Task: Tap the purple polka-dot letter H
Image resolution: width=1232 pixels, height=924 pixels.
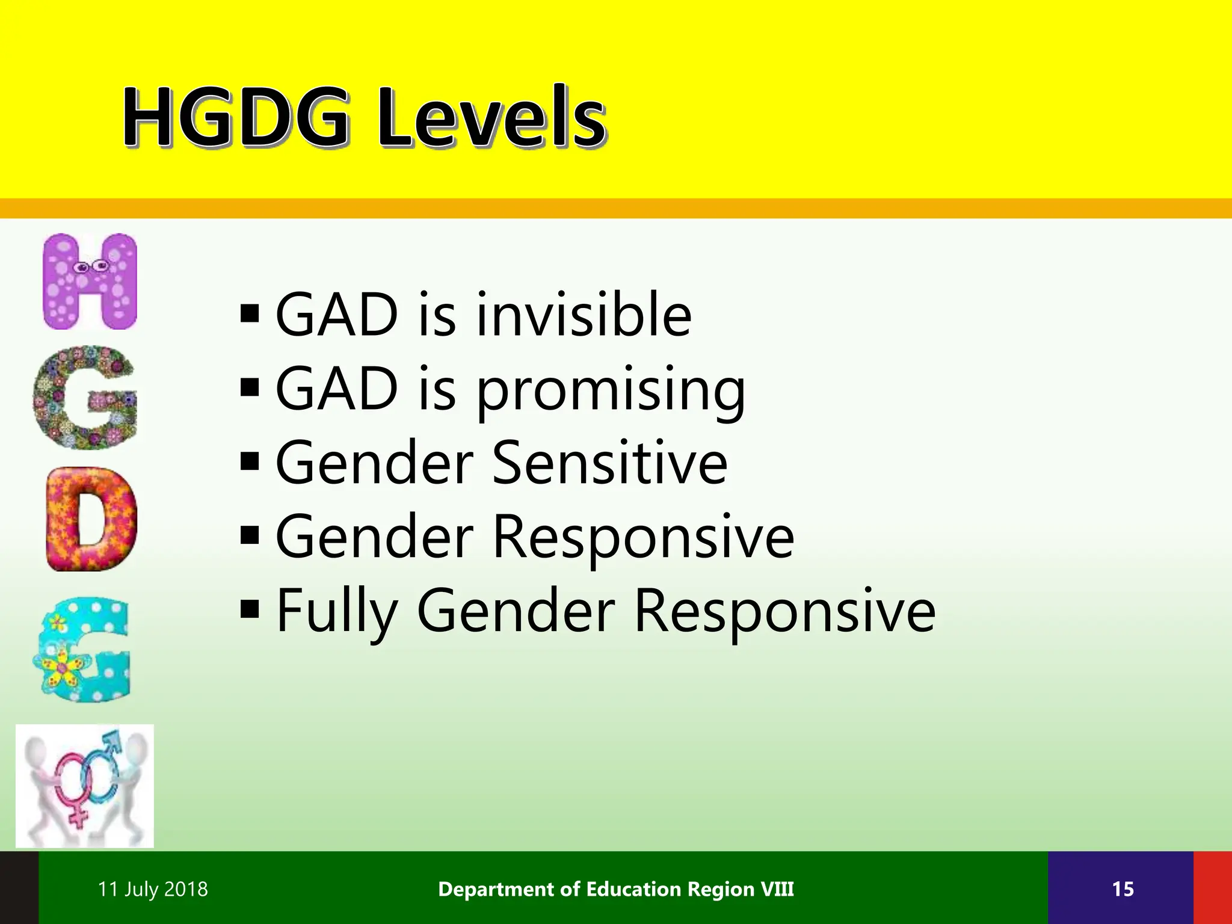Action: (x=90, y=281)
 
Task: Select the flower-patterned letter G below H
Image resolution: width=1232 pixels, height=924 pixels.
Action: (x=85, y=398)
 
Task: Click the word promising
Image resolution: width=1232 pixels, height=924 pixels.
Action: (x=611, y=390)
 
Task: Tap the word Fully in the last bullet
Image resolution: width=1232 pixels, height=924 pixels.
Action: (x=337, y=611)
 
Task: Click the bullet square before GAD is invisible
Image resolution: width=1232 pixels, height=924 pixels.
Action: (x=249, y=313)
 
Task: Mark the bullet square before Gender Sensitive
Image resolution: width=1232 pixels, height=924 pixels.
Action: (x=249, y=461)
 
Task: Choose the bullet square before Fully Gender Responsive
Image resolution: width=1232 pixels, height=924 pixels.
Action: (x=249, y=609)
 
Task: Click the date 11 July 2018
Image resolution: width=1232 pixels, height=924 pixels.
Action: (x=153, y=889)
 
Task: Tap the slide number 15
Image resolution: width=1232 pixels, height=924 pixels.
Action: (x=1123, y=889)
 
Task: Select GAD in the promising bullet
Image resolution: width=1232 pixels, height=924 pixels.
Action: (x=337, y=389)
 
